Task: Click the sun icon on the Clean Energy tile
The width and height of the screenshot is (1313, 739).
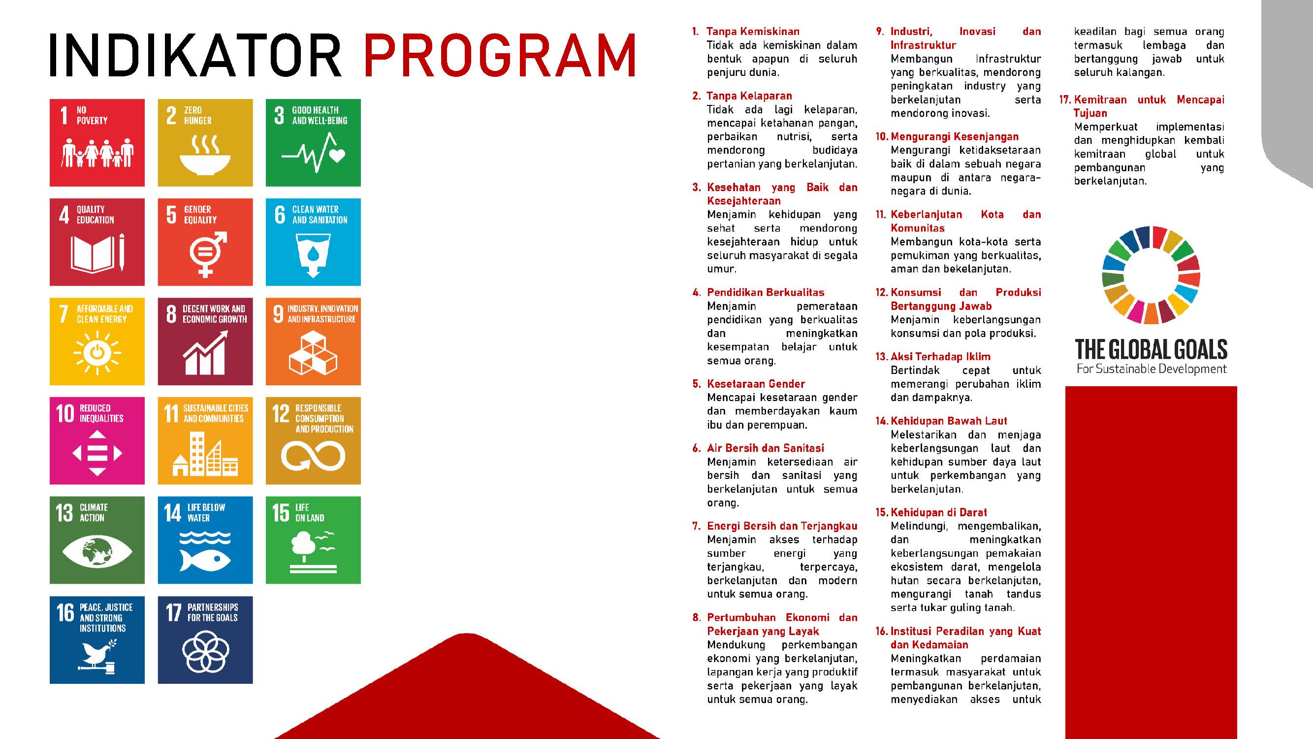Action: click(x=97, y=352)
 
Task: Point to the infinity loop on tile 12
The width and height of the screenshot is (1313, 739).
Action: click(x=313, y=455)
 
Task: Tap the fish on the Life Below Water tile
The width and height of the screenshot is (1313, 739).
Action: click(x=205, y=560)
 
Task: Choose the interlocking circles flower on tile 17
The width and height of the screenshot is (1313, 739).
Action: click(x=205, y=652)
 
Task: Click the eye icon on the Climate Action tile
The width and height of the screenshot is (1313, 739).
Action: click(x=97, y=551)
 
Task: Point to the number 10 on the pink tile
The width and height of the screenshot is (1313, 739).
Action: click(x=64, y=413)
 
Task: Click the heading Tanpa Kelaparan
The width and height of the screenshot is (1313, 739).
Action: click(x=749, y=96)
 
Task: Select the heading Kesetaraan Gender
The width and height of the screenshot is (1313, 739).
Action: click(x=756, y=384)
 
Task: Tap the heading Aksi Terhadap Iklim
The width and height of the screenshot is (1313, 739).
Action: click(x=940, y=357)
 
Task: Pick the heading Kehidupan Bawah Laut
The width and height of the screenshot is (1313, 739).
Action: click(x=949, y=421)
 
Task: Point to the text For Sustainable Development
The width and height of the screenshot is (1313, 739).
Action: click(x=1152, y=369)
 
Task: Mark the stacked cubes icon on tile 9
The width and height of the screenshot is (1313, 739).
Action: click(x=313, y=353)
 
